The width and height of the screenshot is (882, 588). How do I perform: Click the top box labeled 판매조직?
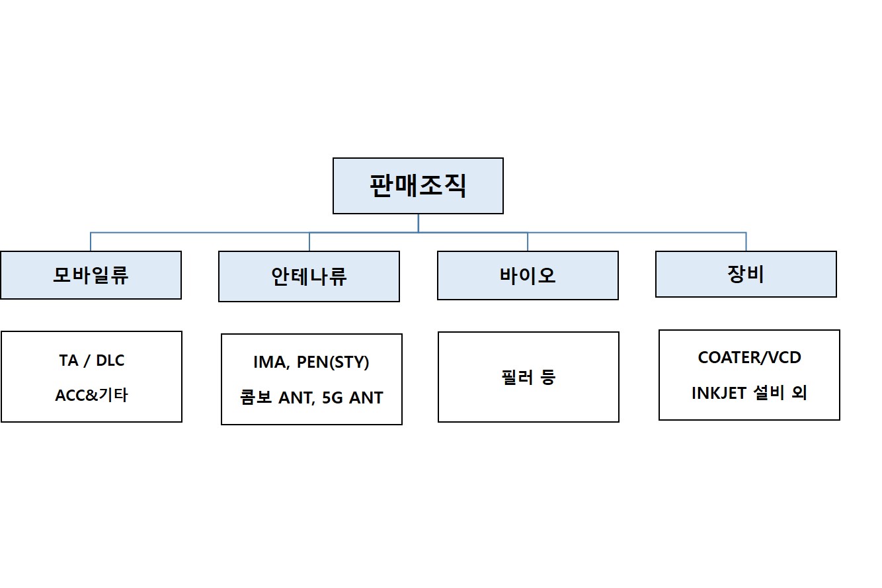pos(418,186)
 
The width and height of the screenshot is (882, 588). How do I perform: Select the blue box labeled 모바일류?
pos(91,275)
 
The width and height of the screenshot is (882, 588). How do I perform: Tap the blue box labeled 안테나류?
pos(309,276)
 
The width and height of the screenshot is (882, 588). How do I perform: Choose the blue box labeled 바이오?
pos(528,275)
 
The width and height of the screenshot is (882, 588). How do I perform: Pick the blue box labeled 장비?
pos(746,274)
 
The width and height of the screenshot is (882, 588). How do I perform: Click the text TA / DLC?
pos(91,361)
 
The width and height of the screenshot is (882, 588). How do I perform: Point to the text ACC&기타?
pos(91,396)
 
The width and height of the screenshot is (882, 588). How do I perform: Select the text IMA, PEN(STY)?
pos(311,362)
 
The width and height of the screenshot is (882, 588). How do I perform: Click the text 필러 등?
pos(528,377)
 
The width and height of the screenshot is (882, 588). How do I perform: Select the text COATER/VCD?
pos(749,358)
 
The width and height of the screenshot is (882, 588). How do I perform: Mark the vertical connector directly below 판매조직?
pos(418,223)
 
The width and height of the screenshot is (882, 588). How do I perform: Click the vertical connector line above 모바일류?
pos(91,241)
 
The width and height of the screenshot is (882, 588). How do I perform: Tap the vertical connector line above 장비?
pos(746,241)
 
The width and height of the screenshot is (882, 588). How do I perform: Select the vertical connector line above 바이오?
pos(528,241)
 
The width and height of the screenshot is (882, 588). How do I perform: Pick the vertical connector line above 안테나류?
pos(309,241)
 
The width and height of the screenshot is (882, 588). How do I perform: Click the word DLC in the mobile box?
pos(110,361)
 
